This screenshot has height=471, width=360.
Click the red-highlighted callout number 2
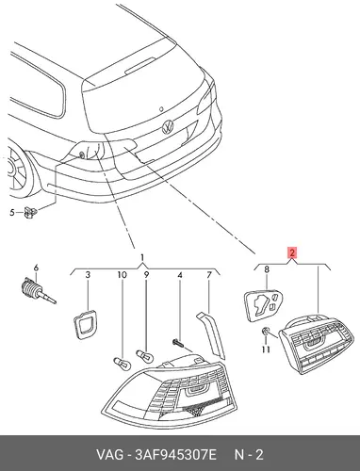pyautogui.click(x=292, y=252)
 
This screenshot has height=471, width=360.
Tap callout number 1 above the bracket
pyautogui.click(x=142, y=258)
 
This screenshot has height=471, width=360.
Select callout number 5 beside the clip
pyautogui.click(x=12, y=213)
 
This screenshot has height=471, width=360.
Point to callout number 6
pyautogui.click(x=36, y=268)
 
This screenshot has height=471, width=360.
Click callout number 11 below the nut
pyautogui.click(x=266, y=349)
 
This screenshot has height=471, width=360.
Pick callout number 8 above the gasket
pyautogui.click(x=267, y=269)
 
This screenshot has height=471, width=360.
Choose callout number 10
pyautogui.click(x=122, y=275)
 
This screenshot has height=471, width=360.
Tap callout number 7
pyautogui.click(x=209, y=275)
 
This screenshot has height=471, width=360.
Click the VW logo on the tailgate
pyautogui.click(x=168, y=127)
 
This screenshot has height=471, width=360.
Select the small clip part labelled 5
pyautogui.click(x=31, y=213)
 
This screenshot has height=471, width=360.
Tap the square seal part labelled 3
pyautogui.click(x=85, y=324)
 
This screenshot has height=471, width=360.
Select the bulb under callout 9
pyautogui.click(x=145, y=356)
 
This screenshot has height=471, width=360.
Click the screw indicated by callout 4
pyautogui.click(x=177, y=343)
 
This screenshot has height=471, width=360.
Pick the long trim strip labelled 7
pyautogui.click(x=211, y=334)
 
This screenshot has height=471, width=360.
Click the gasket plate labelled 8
pyautogui.click(x=263, y=305)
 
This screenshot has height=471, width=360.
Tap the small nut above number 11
pyautogui.click(x=266, y=331)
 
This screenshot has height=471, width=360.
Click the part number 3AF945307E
pyautogui.click(x=176, y=455)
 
